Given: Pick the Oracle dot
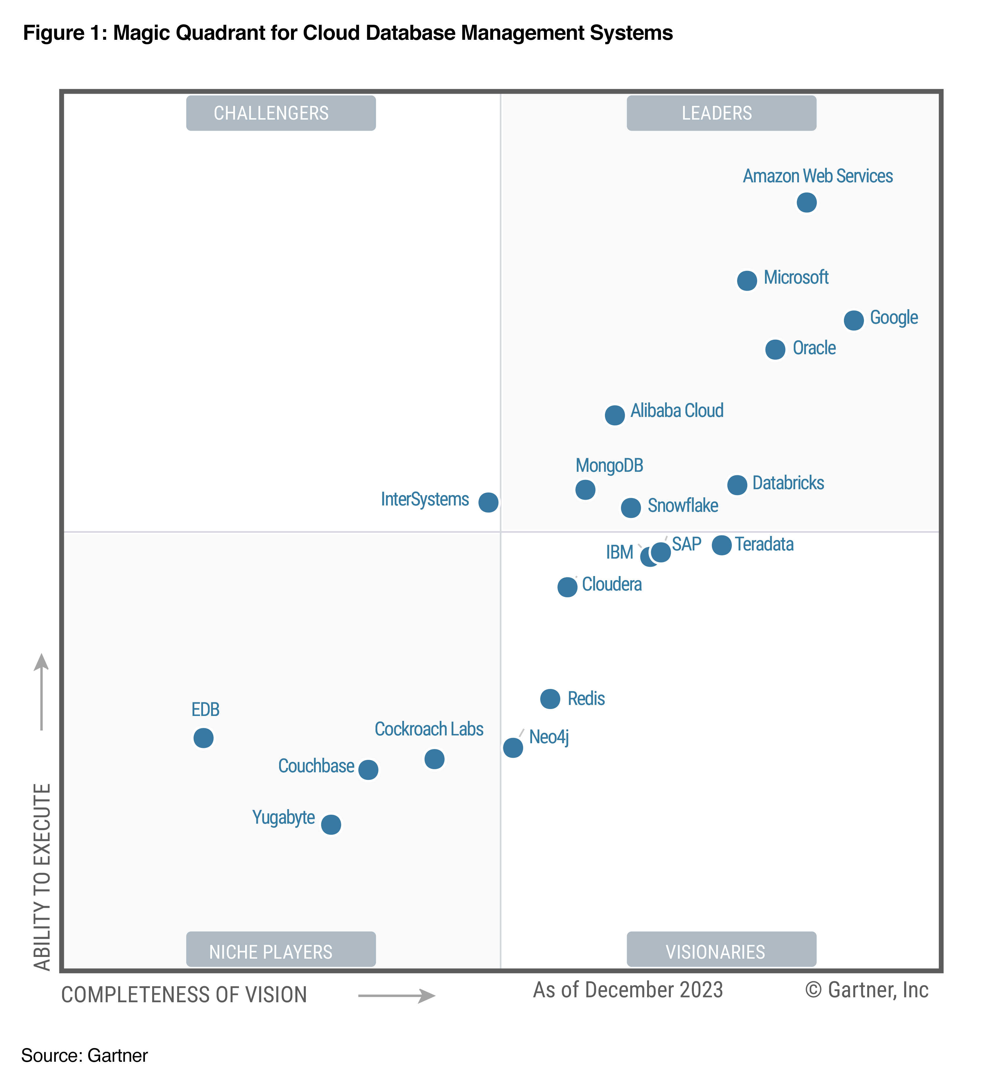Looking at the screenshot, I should click(775, 349).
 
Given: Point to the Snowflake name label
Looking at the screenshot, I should click(682, 506).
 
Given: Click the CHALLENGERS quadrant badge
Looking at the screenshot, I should click(281, 113).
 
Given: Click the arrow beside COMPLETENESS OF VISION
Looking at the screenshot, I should click(397, 995).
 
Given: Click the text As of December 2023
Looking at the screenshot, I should click(628, 990).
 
